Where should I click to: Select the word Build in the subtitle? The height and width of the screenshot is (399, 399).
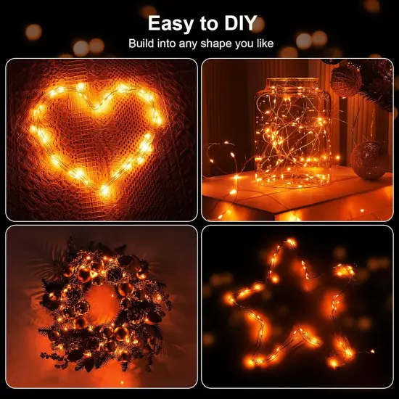click(142, 44)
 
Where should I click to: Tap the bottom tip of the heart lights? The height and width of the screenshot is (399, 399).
click(104, 190)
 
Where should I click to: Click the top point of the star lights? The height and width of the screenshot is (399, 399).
click(291, 242)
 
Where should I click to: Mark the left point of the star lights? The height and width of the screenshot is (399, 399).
click(229, 297)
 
